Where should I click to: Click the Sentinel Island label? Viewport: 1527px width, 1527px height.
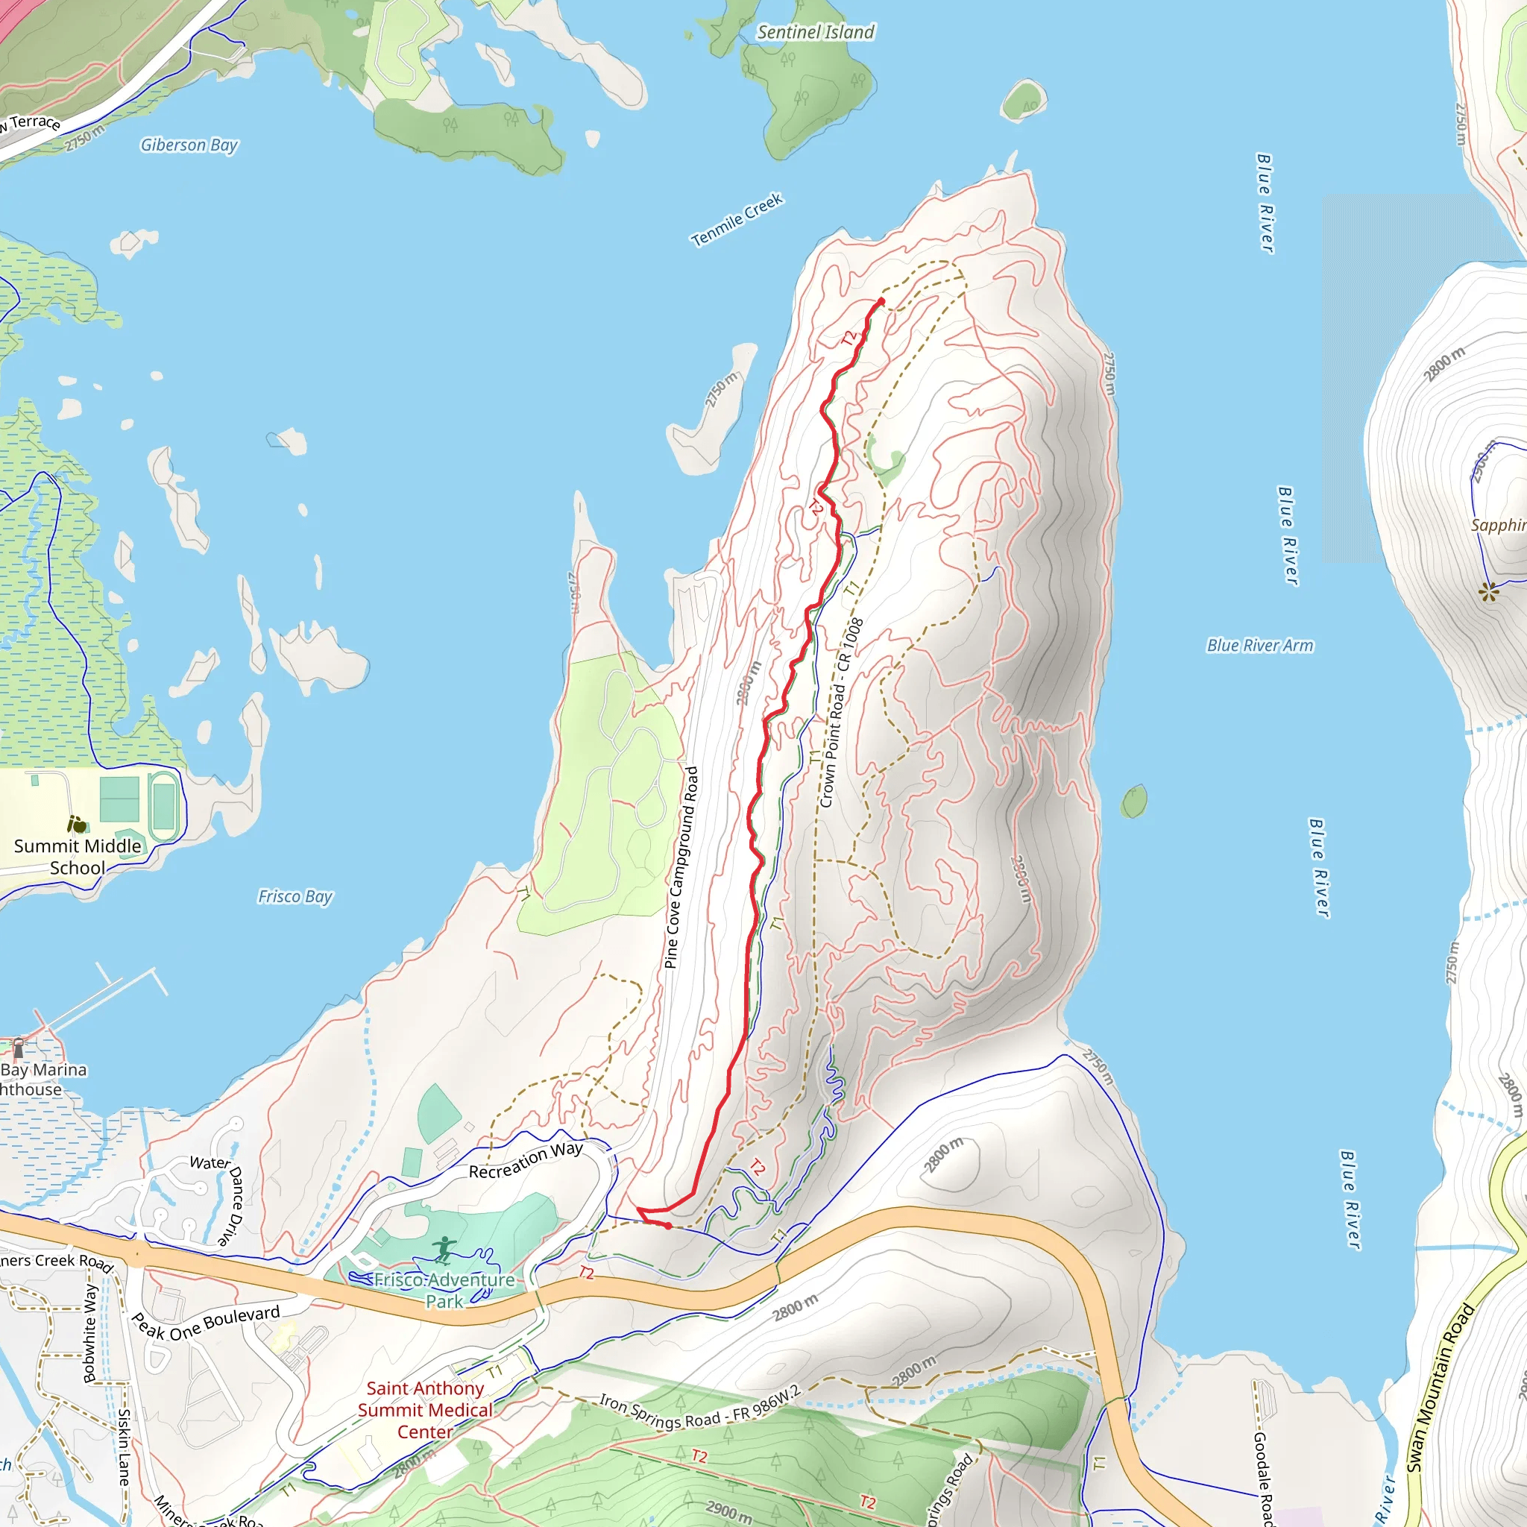coord(816,32)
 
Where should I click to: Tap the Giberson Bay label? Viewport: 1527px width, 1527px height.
coord(189,145)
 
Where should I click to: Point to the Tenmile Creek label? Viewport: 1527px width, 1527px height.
coord(737,220)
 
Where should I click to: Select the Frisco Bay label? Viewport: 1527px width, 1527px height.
coord(295,896)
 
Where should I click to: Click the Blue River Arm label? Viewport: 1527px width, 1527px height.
coord(1260,646)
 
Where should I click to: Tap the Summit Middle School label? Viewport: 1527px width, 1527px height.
coord(78,857)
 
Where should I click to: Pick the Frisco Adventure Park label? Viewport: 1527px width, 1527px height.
coord(444,1291)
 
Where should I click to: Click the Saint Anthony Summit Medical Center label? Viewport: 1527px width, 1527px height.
coord(425,1410)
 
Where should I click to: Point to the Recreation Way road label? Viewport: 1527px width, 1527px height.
coord(526,1161)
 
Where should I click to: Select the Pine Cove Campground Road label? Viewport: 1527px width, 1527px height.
coord(681,867)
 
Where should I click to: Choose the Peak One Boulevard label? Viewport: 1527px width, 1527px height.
coord(206,1323)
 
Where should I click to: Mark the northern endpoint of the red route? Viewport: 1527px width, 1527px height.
coord(881,301)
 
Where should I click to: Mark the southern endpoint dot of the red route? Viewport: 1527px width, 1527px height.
coord(669,1226)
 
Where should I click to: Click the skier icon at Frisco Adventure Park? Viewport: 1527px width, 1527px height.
coord(444,1250)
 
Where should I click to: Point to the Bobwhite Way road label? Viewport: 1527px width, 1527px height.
coord(91,1332)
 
